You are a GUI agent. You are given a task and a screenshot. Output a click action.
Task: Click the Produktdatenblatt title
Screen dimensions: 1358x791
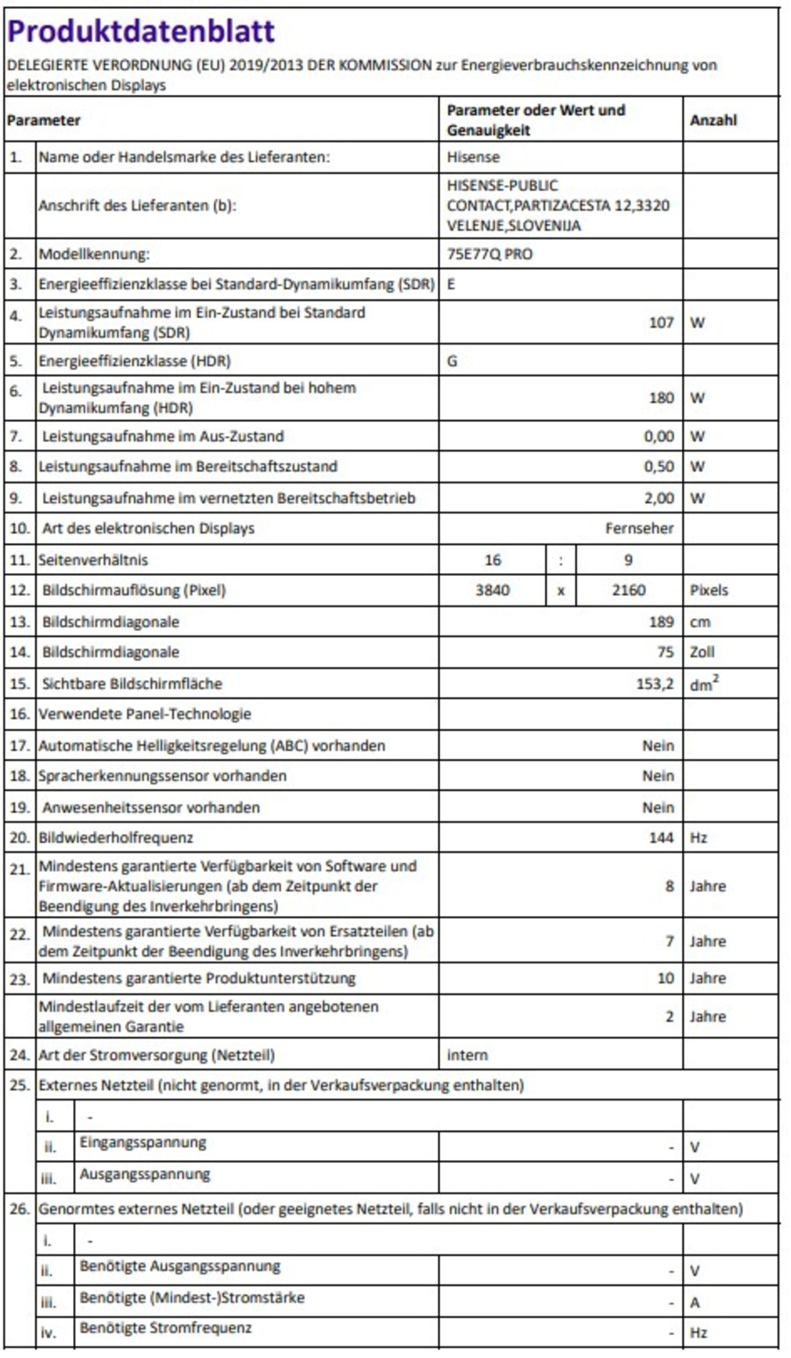(x=141, y=32)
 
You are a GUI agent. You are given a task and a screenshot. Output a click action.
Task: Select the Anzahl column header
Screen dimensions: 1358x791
(x=713, y=120)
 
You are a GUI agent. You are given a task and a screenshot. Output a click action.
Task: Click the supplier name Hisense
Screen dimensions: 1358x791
(x=473, y=157)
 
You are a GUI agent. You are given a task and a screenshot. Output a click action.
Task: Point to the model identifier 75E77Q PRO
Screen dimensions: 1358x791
(x=490, y=255)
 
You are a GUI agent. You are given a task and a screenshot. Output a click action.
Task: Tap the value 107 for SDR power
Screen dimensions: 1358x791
(x=661, y=323)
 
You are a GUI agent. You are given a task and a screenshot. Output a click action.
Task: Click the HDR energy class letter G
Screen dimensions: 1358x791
(x=452, y=361)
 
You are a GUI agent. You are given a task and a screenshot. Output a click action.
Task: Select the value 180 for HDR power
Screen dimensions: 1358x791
(x=661, y=398)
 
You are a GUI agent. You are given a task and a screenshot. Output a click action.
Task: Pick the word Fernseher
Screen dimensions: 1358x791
(x=639, y=528)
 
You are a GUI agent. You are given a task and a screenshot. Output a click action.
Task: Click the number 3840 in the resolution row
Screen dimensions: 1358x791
(x=492, y=591)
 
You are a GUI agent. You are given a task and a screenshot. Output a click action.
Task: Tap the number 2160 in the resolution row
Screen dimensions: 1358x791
(x=628, y=591)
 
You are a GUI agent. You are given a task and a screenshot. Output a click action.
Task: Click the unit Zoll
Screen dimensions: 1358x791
(x=702, y=652)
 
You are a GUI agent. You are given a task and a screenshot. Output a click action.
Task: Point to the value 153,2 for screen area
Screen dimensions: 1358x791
(x=655, y=684)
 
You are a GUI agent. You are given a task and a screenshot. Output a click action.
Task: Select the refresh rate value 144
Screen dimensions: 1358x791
(x=661, y=839)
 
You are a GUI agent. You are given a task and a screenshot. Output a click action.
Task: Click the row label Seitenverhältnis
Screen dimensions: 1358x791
(x=93, y=560)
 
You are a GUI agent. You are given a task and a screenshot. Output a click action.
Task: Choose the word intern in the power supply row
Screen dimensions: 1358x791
(x=467, y=1055)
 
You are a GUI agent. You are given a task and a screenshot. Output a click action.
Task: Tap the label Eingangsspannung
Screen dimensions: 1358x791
(x=142, y=1143)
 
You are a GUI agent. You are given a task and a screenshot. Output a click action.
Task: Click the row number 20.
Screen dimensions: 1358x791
(x=19, y=839)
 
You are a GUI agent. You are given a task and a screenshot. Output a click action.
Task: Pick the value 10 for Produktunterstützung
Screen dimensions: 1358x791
(x=665, y=978)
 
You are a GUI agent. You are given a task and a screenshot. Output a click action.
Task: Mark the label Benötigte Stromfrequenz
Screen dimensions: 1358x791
(x=165, y=1328)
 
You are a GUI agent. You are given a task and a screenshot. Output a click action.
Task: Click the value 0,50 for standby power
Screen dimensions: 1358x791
(x=658, y=467)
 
